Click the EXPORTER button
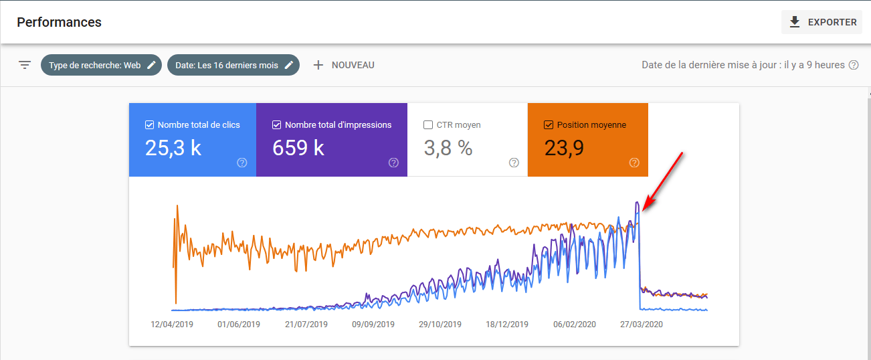[x=822, y=22]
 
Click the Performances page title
[x=59, y=22]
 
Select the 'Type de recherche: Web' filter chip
[x=101, y=65]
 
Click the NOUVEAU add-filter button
[x=344, y=65]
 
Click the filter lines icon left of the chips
[x=25, y=65]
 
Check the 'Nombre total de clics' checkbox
[x=149, y=124]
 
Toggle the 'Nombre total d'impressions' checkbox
[x=276, y=124]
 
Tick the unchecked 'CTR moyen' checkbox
[x=428, y=124]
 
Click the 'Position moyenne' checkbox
[x=549, y=124]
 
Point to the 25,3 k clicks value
[x=173, y=148]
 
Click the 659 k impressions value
[x=298, y=148]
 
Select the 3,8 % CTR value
[x=448, y=148]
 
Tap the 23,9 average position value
[x=564, y=148]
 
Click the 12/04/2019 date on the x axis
[x=172, y=325]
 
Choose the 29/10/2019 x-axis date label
[x=440, y=325]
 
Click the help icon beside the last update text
[x=854, y=65]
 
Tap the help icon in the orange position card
[x=634, y=163]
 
